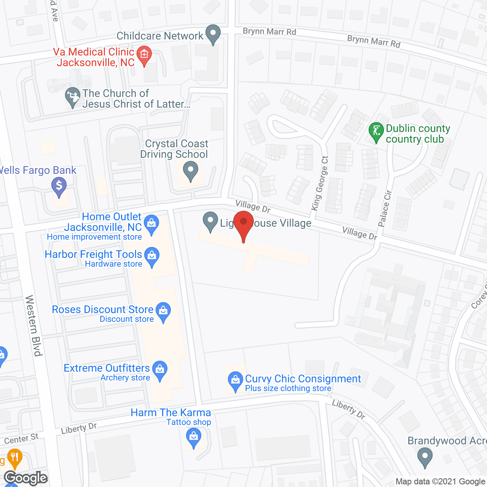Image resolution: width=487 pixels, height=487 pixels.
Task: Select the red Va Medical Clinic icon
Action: point(144,56)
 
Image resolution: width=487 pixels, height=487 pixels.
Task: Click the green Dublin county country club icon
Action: point(376,132)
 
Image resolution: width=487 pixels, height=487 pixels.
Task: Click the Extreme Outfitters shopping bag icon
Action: point(160,370)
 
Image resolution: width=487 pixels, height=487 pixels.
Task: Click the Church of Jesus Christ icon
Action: point(72,97)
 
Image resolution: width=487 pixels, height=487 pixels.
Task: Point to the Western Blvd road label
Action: point(33,325)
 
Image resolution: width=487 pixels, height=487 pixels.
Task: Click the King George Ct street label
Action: point(320,183)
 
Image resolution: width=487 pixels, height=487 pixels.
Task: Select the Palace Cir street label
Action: point(385,208)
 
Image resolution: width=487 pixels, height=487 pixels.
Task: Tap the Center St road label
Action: point(21,439)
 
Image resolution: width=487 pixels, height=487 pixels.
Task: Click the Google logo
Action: point(26,478)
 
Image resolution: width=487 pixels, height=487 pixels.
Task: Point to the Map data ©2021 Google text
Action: point(440,482)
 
